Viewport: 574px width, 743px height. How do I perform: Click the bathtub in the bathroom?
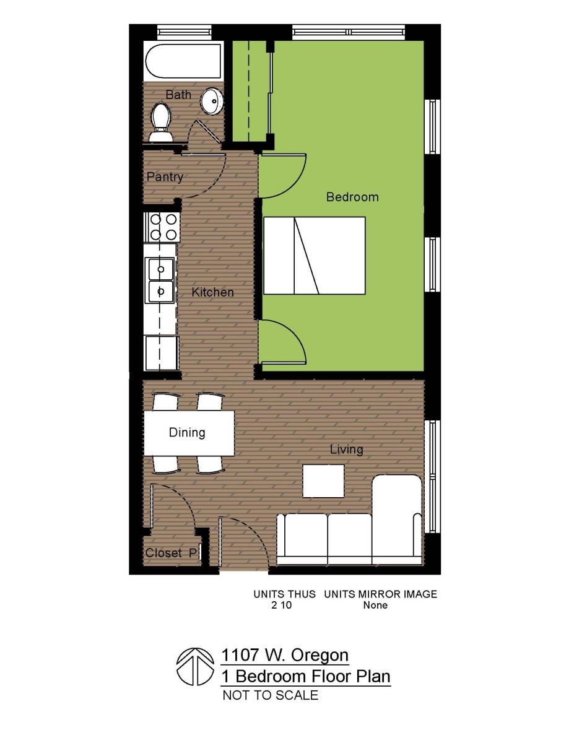[183, 61]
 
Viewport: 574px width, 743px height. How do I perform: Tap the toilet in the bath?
[162, 121]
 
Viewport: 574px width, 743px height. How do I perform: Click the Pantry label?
[165, 177]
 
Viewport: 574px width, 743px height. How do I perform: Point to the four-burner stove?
[162, 227]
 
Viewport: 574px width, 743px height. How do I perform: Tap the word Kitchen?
[212, 292]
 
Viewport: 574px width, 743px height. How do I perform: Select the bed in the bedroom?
[314, 255]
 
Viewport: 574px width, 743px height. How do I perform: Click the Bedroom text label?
[352, 197]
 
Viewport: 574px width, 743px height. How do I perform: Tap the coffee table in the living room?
[323, 480]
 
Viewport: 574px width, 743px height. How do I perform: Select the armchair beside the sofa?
[397, 515]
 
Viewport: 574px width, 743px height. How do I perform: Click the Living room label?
[346, 450]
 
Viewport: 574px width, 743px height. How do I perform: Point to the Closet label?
[163, 553]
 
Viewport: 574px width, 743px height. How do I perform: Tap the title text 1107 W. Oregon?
[285, 655]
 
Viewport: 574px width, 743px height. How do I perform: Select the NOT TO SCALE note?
[270, 695]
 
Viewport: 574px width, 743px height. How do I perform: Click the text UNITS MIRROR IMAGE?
[380, 594]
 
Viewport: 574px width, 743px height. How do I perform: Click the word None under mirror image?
[375, 605]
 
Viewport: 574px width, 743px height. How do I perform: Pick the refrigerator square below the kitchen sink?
[160, 353]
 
